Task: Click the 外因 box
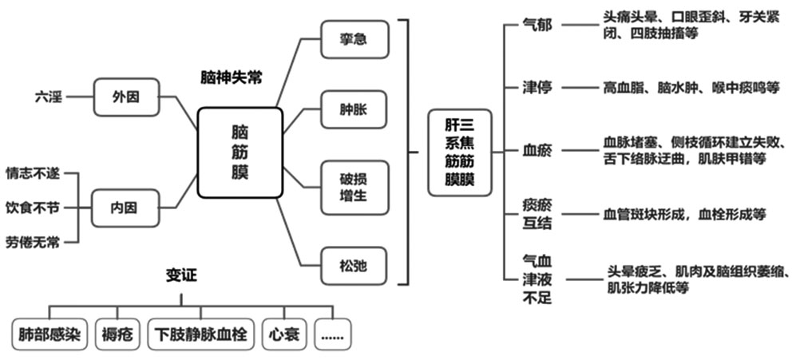(x=125, y=97)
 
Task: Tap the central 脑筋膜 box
(x=240, y=152)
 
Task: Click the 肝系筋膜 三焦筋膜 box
(x=460, y=152)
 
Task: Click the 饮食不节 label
(x=32, y=208)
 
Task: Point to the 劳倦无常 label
(x=32, y=242)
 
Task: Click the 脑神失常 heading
(x=232, y=77)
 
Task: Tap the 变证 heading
(x=181, y=276)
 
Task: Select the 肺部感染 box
(x=50, y=334)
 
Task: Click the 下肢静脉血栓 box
(x=200, y=334)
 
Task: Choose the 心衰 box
(x=285, y=334)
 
